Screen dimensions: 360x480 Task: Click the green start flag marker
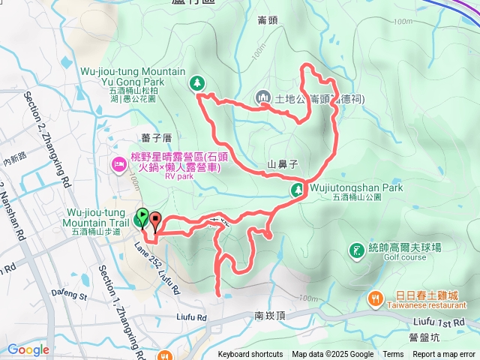pos(142,217)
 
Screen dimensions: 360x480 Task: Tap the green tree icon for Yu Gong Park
pos(197,82)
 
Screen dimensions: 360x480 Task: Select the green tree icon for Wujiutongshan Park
pos(298,190)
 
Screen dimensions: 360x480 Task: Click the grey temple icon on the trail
pos(263,97)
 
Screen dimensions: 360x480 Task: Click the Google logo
pos(28,349)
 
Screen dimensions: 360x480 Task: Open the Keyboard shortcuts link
pos(250,355)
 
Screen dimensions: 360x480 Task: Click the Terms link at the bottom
pos(393,355)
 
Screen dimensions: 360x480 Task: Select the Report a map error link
pos(445,355)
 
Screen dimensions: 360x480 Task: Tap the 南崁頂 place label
pos(270,316)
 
